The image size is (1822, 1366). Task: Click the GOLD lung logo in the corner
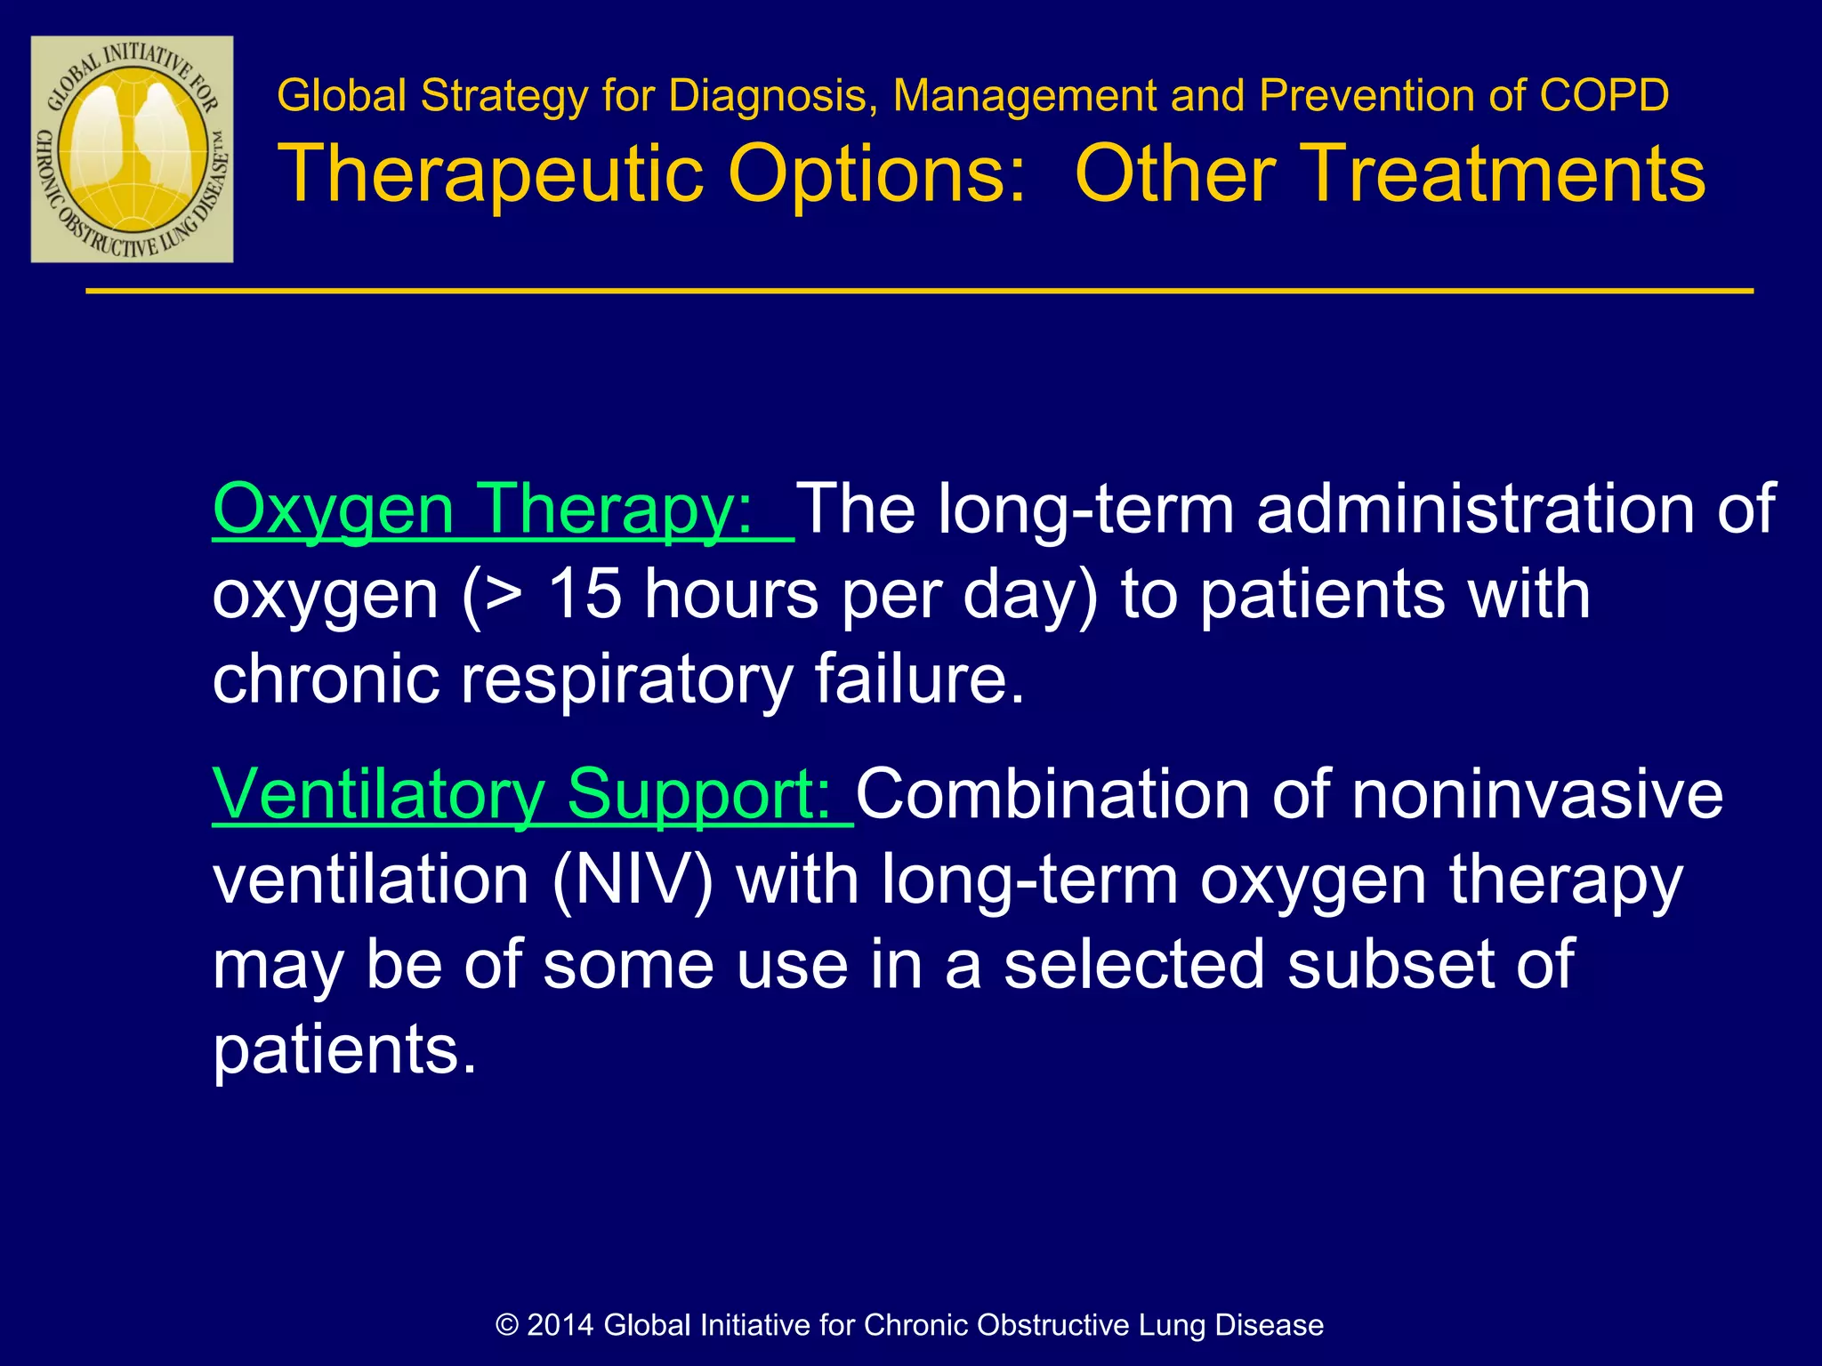tap(132, 149)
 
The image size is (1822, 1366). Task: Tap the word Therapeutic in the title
tap(491, 173)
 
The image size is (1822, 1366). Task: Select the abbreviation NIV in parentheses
tap(633, 880)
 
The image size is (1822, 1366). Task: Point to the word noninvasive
tap(1537, 793)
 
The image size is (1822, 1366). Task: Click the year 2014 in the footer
tap(560, 1325)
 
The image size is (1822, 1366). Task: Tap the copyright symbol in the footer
tap(507, 1325)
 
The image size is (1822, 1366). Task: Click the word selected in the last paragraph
tap(1133, 965)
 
